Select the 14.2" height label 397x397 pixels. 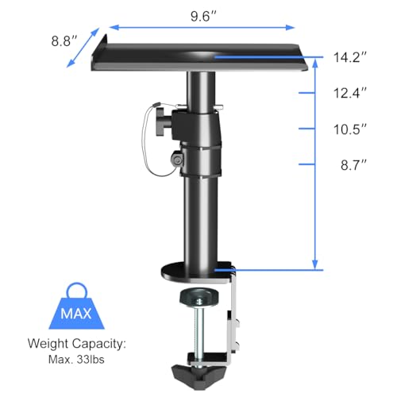(x=349, y=57)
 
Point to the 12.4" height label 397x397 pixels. (x=349, y=94)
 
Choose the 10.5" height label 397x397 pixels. (x=349, y=129)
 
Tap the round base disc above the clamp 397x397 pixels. (x=195, y=273)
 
